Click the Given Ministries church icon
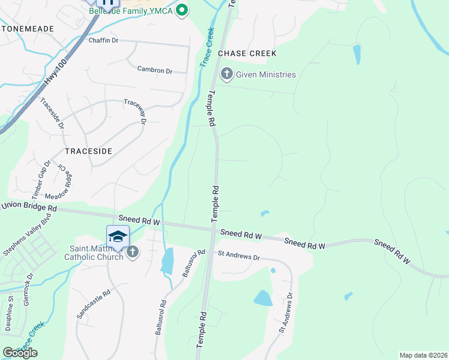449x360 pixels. pyautogui.click(x=227, y=74)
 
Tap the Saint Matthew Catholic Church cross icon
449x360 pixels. pyautogui.click(x=132, y=252)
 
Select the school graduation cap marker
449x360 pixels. pyautogui.click(x=118, y=236)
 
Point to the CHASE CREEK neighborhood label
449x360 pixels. pyautogui.click(x=247, y=53)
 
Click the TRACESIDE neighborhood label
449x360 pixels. pyautogui.click(x=88, y=151)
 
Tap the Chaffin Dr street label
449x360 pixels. pyautogui.click(x=104, y=40)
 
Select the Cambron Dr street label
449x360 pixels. pyautogui.click(x=154, y=70)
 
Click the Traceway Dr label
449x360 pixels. pyautogui.click(x=136, y=112)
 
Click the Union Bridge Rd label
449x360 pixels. pyautogui.click(x=28, y=207)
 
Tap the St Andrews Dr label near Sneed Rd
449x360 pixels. pyautogui.click(x=238, y=257)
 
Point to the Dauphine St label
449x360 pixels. pyautogui.click(x=10, y=315)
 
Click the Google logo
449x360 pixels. pyautogui.click(x=20, y=353)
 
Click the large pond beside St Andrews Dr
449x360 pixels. pyautogui.click(x=263, y=298)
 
